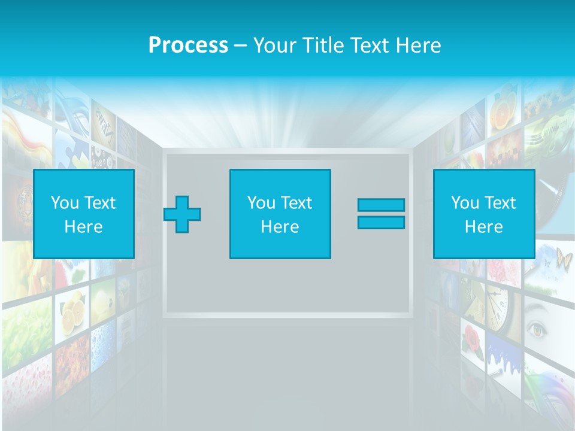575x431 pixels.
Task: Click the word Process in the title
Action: pos(188,45)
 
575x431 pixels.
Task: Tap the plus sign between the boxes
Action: pos(182,214)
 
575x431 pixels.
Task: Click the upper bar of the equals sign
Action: pos(381,205)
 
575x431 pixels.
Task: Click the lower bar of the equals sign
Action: pos(381,223)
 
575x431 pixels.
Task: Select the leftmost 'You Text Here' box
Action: pos(84,214)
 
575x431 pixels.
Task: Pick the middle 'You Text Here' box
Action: pos(280,214)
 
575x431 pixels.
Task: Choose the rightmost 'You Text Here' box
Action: pos(483,214)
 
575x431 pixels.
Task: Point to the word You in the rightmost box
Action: pos(465,203)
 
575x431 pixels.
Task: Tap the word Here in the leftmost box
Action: pos(83,227)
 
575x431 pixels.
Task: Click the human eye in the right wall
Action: pos(537,329)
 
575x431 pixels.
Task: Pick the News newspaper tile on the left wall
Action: pos(103,129)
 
